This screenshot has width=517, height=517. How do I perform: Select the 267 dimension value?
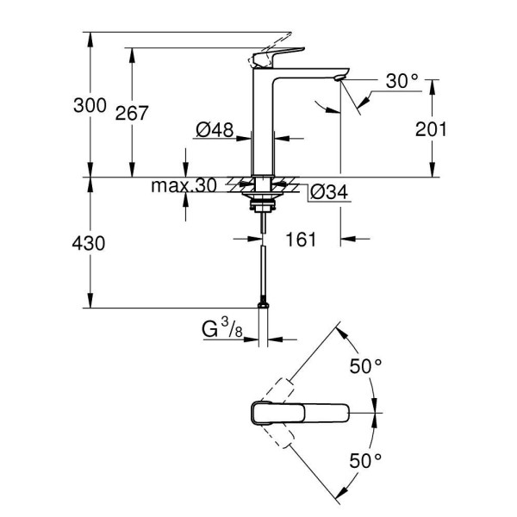(x=133, y=113)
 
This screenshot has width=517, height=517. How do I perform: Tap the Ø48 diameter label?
(x=215, y=129)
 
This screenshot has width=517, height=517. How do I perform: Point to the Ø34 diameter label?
(x=327, y=191)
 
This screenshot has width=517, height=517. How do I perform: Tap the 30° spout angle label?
(x=402, y=81)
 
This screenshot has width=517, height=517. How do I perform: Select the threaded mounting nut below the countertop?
(x=260, y=203)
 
